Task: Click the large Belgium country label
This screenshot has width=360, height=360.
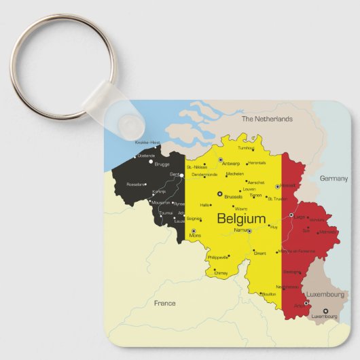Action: click(x=241, y=219)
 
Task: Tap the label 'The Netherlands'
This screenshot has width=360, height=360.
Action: click(x=267, y=119)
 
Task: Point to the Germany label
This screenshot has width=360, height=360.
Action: click(x=334, y=178)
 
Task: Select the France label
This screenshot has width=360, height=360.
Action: click(x=164, y=303)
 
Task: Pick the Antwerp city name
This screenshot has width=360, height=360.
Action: click(x=232, y=163)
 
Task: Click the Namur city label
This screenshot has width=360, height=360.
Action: click(x=240, y=231)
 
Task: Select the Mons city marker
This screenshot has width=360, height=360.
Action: click(x=194, y=231)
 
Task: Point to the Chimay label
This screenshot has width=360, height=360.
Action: click(x=221, y=273)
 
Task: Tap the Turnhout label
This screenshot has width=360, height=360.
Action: click(x=246, y=147)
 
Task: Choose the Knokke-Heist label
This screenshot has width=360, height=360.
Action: click(x=147, y=142)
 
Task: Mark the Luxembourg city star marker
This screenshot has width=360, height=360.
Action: click(x=325, y=310)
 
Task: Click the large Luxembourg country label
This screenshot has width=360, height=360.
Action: click(x=325, y=295)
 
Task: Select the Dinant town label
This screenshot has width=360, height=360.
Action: click(x=259, y=253)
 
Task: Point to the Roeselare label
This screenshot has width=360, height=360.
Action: click(x=136, y=184)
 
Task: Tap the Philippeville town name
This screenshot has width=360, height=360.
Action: click(x=217, y=258)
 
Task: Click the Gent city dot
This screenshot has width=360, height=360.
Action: click(x=182, y=175)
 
